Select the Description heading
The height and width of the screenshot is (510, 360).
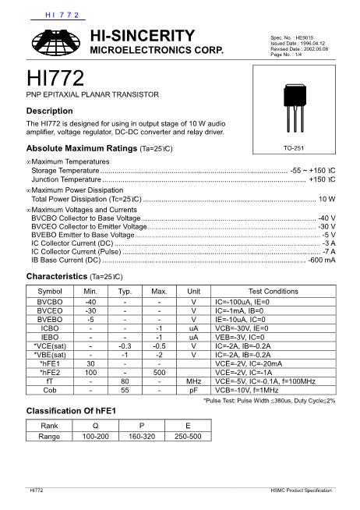(50, 111)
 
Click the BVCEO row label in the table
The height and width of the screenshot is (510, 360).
(50, 310)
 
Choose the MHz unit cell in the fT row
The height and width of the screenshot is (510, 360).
(194, 381)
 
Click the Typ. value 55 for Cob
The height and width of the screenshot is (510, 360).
(125, 389)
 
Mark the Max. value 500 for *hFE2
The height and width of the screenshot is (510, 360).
(159, 372)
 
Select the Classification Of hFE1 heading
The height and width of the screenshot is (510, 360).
(71, 410)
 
